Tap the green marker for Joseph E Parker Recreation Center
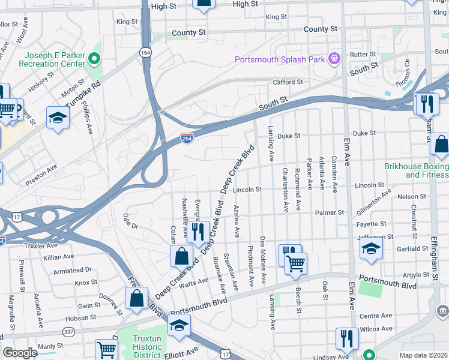coord(94,59)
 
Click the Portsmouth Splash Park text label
coord(279,59)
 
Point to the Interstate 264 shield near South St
coord(187,138)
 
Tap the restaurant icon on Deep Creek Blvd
coord(197,232)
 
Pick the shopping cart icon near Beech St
coord(295,263)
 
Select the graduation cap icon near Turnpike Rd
coord(58,118)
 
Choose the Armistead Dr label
coord(72,270)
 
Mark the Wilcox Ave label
coord(376,329)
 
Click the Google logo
coord(20,353)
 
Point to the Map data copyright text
coord(423,355)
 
